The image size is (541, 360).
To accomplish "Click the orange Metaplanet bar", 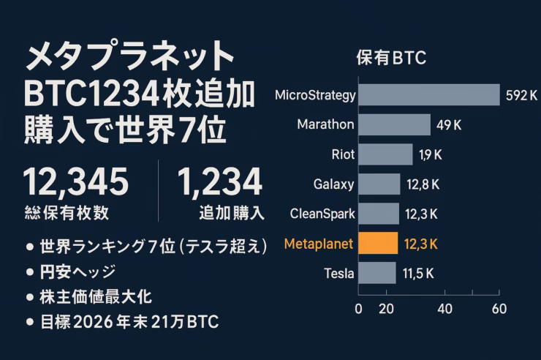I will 378,243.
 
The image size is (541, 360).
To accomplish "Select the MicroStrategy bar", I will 429,95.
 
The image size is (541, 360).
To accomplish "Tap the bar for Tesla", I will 377,274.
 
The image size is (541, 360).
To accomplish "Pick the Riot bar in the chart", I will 386,154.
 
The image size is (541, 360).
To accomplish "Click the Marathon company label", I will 325,124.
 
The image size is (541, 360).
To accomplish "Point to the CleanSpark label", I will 322,214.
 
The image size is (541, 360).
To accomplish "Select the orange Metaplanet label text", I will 319,244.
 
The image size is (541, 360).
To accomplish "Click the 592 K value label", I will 521,95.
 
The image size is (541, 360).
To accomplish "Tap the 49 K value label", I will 449,124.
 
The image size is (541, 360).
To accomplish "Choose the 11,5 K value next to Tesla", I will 418,274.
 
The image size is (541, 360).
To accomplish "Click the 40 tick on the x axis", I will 444,309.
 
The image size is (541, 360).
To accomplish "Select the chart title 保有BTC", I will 390,58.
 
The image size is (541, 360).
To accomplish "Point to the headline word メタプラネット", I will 131,57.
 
